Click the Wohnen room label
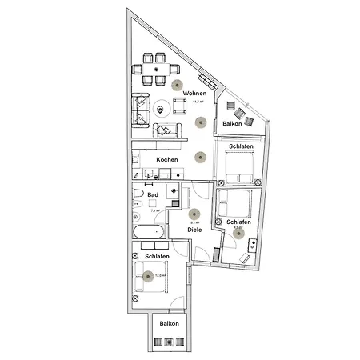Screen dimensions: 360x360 (x=194, y=94)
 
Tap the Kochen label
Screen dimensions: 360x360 (x=167, y=159)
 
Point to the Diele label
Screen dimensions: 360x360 (x=194, y=230)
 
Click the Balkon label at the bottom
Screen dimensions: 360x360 (x=169, y=322)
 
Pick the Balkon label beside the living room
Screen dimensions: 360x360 (x=233, y=124)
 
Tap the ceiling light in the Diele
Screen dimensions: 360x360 (x=194, y=214)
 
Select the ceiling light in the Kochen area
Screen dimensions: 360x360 (x=199, y=157)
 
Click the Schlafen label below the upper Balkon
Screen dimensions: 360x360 (x=241, y=147)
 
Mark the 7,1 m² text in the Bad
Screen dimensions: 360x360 (x=156, y=210)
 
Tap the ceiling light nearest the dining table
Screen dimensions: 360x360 (x=178, y=83)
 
